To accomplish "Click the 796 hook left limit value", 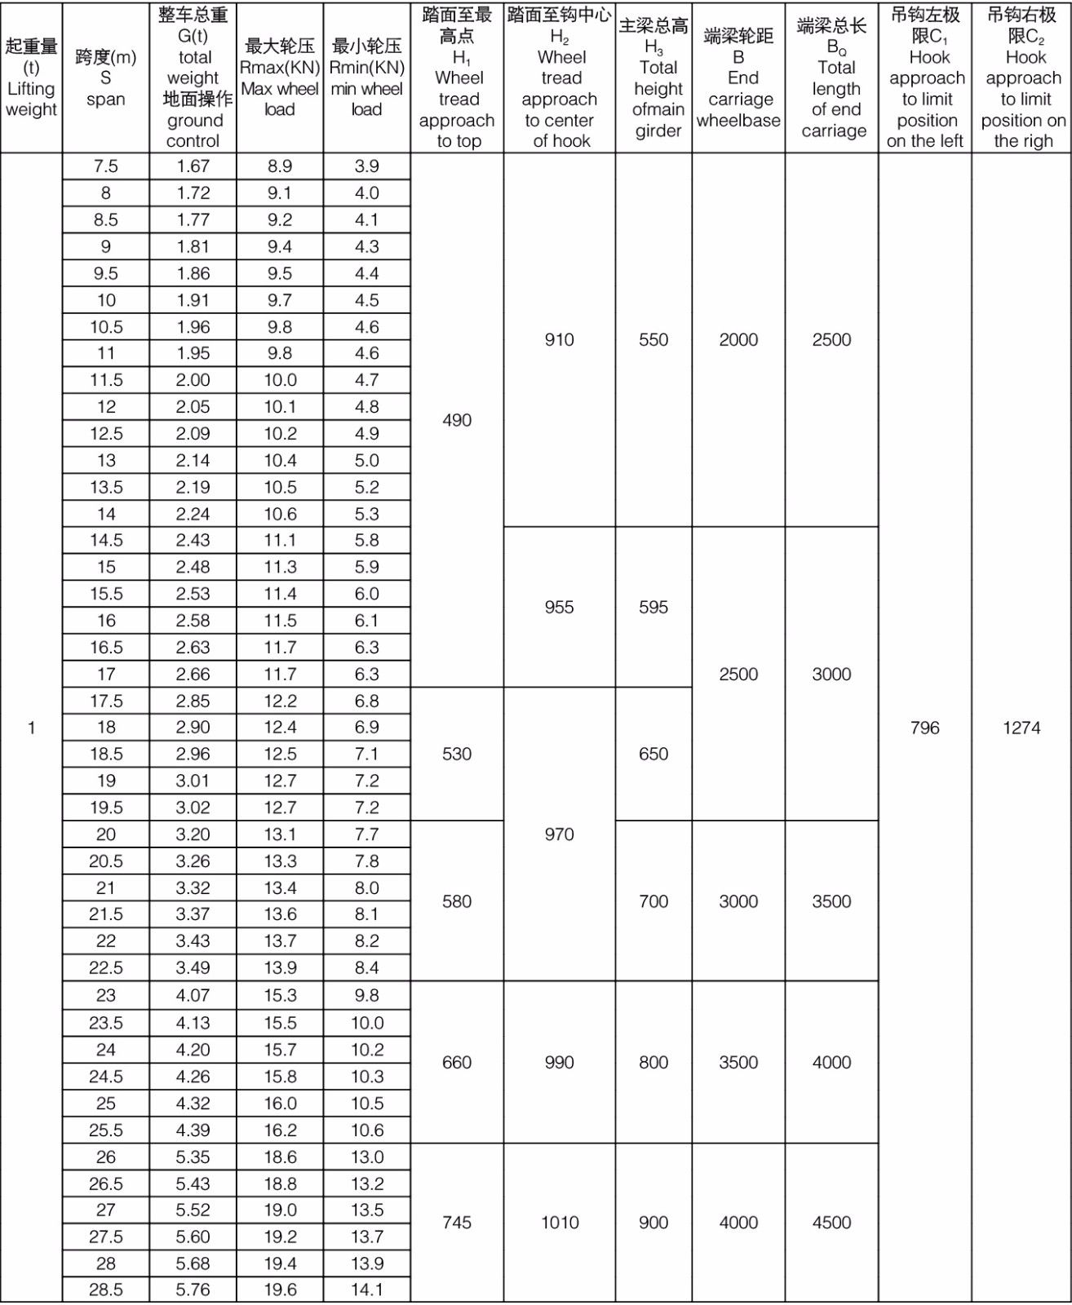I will [x=924, y=728].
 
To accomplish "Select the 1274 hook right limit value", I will [x=1021, y=728].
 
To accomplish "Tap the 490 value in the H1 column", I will [x=457, y=420].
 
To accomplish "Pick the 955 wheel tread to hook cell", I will [x=559, y=607].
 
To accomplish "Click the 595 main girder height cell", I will [x=653, y=607].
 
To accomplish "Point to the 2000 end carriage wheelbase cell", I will [x=738, y=339].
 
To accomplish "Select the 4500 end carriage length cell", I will [x=831, y=1222].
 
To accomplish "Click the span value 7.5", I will [x=106, y=166].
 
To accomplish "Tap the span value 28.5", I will [x=106, y=1290].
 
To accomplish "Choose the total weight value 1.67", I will [x=193, y=166].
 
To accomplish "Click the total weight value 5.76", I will [x=193, y=1290].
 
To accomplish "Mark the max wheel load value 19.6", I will [x=280, y=1290].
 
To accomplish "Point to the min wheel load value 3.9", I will [x=367, y=166].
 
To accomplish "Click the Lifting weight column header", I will [x=31, y=77].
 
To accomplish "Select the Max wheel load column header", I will [x=280, y=77].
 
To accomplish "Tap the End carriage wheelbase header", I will [x=738, y=77].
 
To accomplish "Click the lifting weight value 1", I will [x=31, y=728].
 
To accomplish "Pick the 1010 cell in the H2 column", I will [x=559, y=1222].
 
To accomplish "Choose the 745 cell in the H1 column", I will [x=457, y=1222].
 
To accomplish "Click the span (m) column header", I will [x=106, y=77].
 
